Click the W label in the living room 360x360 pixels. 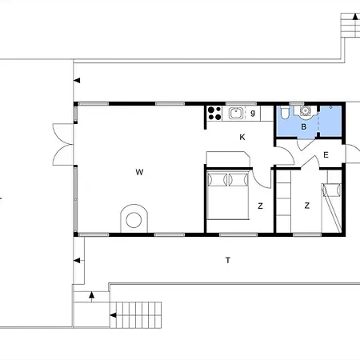pos(139,172)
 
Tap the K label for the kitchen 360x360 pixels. pos(242,137)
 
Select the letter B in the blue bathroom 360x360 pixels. pos(303,126)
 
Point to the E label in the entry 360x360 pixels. pos(326,155)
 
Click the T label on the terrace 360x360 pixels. pos(228,260)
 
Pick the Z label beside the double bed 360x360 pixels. pos(260,206)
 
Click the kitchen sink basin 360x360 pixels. pos(236,113)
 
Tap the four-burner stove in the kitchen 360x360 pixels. pos(214,114)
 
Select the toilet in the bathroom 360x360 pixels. pos(285,112)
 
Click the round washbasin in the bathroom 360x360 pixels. pos(305,111)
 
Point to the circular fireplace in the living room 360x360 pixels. pos(134,218)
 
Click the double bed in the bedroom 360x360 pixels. pos(228,195)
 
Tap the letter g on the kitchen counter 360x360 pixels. pos(253,113)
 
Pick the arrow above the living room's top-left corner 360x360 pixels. pos(77,80)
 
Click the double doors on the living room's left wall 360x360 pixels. pos(63,144)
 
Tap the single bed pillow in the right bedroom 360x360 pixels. pos(332,190)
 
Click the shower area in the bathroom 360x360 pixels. pos(330,121)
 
